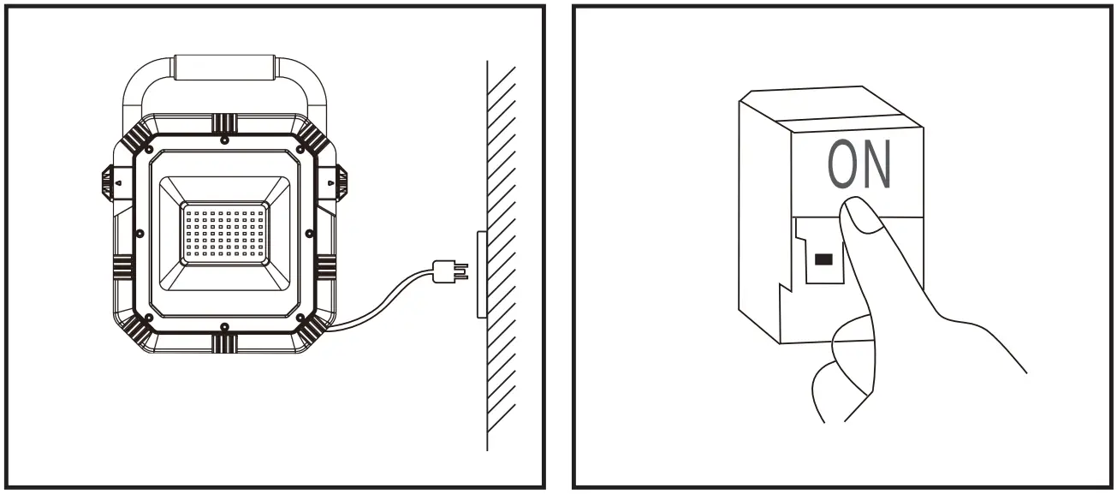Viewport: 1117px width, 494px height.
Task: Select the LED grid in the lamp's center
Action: (223, 233)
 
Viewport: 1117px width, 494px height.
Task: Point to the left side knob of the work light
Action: (108, 181)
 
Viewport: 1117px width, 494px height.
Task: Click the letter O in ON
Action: (844, 165)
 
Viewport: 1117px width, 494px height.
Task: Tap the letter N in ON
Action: (876, 165)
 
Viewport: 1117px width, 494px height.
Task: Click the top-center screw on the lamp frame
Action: (223, 139)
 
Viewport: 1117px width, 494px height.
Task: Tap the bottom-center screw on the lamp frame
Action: (223, 327)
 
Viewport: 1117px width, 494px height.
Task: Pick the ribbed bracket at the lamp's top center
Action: (223, 122)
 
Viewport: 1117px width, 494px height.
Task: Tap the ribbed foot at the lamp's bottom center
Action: (223, 343)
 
